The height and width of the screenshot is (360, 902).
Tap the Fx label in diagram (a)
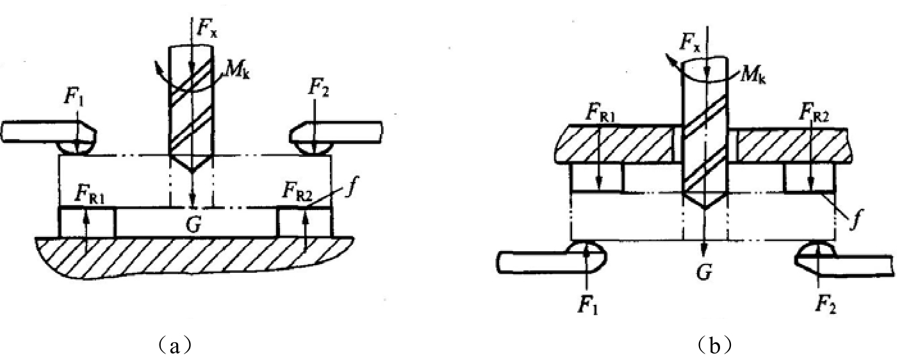coord(207,27)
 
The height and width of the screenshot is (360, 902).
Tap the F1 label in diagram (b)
coord(588,305)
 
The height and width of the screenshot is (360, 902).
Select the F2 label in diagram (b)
coord(826,306)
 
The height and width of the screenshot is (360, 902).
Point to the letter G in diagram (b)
coord(704,273)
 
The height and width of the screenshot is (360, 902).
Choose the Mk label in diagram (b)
coord(752,76)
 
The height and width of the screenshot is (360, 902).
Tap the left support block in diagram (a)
coord(87,222)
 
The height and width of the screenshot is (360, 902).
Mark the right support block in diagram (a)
coord(305,222)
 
